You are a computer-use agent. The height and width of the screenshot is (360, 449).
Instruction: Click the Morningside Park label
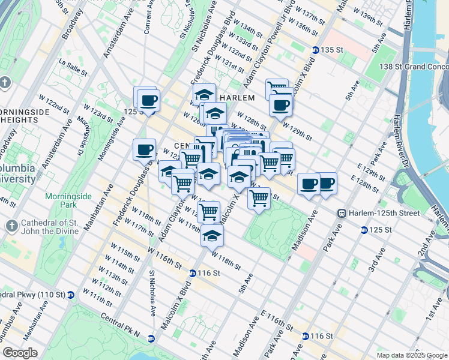tap(61, 200)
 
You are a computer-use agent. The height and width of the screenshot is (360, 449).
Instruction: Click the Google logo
tap(20, 352)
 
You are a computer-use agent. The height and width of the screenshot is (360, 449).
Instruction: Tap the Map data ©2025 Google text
tap(411, 355)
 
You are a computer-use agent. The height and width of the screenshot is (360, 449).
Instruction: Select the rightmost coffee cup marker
tap(326, 184)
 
